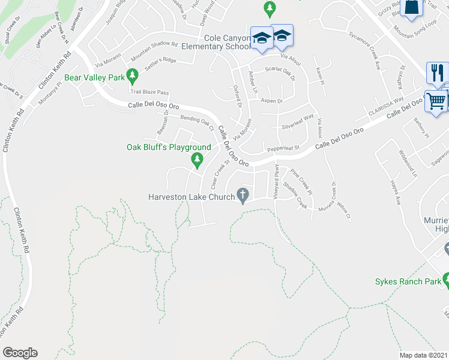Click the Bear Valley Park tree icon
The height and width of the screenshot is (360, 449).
click(133, 77)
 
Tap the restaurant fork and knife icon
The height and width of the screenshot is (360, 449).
click(437, 73)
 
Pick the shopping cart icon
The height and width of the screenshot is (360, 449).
click(436, 101)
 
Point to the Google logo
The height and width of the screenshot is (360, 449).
click(20, 353)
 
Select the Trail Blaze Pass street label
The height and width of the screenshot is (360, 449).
click(150, 92)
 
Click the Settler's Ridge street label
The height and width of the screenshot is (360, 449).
click(161, 61)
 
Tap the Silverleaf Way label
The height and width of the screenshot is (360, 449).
click(298, 122)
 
